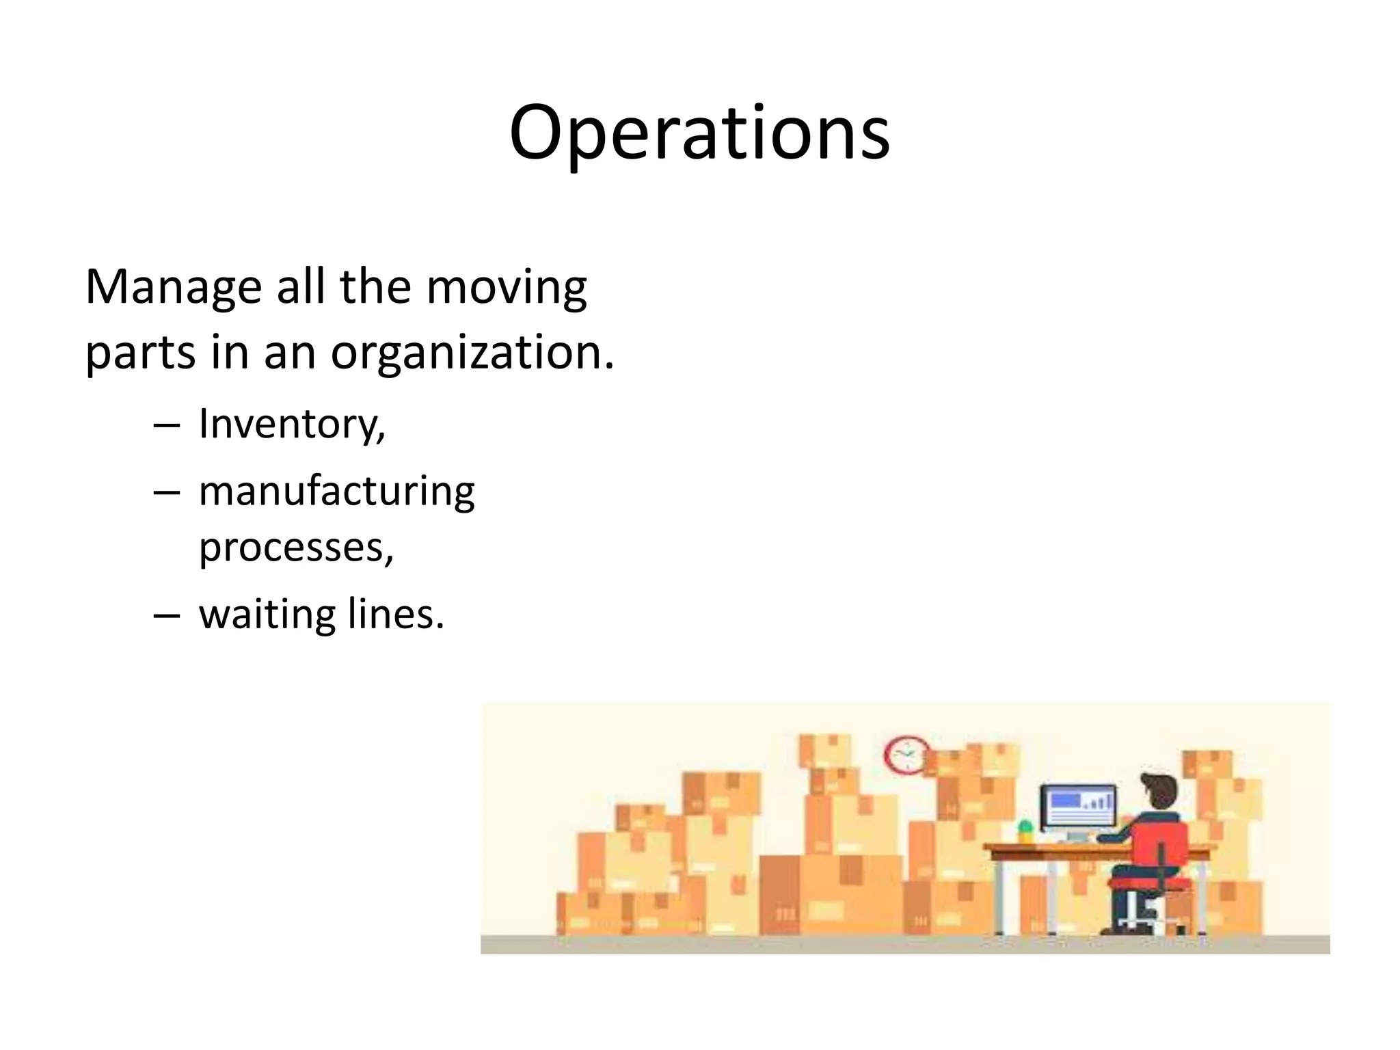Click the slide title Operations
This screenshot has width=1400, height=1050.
tap(699, 133)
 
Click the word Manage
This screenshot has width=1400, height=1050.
tap(173, 287)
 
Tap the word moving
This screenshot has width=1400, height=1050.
tap(507, 287)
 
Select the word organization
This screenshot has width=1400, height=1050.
tap(472, 353)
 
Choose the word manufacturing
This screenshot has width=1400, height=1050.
tap(336, 492)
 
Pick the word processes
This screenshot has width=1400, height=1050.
tap(296, 548)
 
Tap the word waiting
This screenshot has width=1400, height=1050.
tap(267, 614)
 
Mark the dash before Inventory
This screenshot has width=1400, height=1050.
tap(167, 426)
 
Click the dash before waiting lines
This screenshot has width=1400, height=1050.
tap(167, 615)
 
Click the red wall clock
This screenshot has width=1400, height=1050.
tap(906, 755)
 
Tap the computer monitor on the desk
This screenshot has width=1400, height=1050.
tap(1078, 807)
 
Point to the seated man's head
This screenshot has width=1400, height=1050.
tap(1159, 793)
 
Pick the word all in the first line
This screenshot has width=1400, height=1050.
tap(300, 287)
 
